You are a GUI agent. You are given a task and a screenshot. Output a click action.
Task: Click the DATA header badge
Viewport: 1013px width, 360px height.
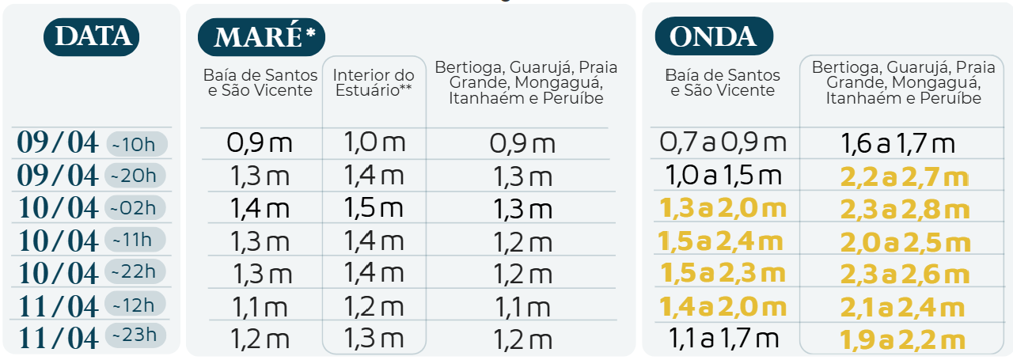(x=91, y=36)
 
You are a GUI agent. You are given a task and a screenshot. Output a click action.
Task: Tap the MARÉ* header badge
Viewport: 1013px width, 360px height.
(x=261, y=36)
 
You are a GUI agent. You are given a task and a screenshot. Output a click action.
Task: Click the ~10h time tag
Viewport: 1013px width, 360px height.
(x=136, y=144)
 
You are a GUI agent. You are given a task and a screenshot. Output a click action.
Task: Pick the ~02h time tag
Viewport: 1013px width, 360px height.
(x=136, y=208)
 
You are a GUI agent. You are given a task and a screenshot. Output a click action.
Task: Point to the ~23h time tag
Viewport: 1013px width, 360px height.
(x=136, y=336)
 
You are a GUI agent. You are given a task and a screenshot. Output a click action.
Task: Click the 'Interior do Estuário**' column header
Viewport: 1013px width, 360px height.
(x=374, y=83)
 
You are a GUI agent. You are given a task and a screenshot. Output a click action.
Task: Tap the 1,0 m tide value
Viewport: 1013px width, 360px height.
(x=374, y=143)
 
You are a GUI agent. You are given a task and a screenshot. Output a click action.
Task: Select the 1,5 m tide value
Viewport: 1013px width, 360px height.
(x=374, y=208)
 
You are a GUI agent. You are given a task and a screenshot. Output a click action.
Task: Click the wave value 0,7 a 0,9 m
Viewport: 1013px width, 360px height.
(x=724, y=143)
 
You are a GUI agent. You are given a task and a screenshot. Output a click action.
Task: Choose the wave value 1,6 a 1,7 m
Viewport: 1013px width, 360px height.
(x=898, y=144)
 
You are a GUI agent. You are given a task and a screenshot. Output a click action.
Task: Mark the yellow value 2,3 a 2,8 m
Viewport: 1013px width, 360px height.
(x=902, y=210)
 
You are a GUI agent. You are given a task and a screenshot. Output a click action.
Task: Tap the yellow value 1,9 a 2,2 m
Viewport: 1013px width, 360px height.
(x=901, y=340)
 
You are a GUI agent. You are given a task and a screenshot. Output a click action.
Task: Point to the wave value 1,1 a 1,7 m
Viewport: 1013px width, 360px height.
(x=724, y=339)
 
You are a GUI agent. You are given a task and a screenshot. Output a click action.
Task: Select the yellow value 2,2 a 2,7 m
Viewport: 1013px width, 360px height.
(x=901, y=177)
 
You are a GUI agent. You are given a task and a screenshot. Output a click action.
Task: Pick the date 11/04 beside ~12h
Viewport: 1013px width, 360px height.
(x=59, y=305)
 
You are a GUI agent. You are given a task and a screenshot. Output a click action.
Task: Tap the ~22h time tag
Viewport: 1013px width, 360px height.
(x=136, y=272)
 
